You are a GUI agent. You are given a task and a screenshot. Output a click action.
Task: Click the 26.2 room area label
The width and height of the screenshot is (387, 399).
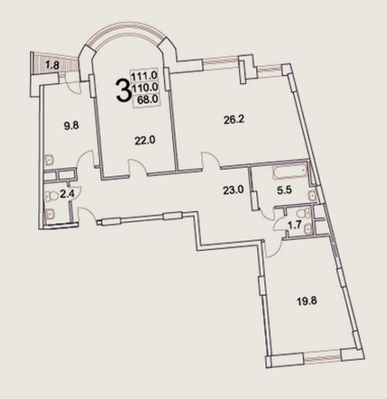tap(234, 119)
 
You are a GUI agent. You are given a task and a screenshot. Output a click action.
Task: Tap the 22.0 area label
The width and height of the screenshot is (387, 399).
tap(145, 140)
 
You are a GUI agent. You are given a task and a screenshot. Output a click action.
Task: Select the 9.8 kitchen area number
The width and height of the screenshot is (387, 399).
tap(71, 125)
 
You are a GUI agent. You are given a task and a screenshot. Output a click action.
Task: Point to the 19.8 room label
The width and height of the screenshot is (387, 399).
tap(307, 302)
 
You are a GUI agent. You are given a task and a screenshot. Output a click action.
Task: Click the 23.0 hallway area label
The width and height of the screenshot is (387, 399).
tap(233, 190)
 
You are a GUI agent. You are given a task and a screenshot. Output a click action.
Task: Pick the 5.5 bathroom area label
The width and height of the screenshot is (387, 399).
tap(285, 190)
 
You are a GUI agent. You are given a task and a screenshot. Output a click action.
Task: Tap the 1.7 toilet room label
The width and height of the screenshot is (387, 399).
tap(294, 225)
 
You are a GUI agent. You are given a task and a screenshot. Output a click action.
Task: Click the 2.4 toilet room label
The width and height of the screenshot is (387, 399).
tap(67, 195)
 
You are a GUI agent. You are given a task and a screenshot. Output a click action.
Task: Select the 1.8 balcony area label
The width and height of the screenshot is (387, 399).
tap(52, 65)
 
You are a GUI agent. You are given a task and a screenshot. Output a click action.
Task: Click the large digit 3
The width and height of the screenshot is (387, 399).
tap(123, 90)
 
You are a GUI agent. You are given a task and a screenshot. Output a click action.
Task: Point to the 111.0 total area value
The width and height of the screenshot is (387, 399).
tap(145, 76)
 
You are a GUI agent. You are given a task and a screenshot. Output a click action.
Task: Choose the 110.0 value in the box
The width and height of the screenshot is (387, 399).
tap(145, 87)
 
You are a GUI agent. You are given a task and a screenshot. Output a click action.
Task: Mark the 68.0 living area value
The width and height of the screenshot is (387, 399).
tap(147, 99)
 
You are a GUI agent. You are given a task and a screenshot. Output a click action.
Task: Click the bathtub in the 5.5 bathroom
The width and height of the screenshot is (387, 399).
tap(290, 173)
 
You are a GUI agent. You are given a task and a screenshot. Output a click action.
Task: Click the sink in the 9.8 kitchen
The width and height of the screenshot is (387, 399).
tap(49, 160)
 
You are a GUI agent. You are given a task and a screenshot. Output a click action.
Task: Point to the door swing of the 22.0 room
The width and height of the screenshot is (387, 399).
tap(138, 166)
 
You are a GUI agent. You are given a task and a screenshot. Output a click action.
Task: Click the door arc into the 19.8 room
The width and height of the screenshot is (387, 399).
tap(275, 248)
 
